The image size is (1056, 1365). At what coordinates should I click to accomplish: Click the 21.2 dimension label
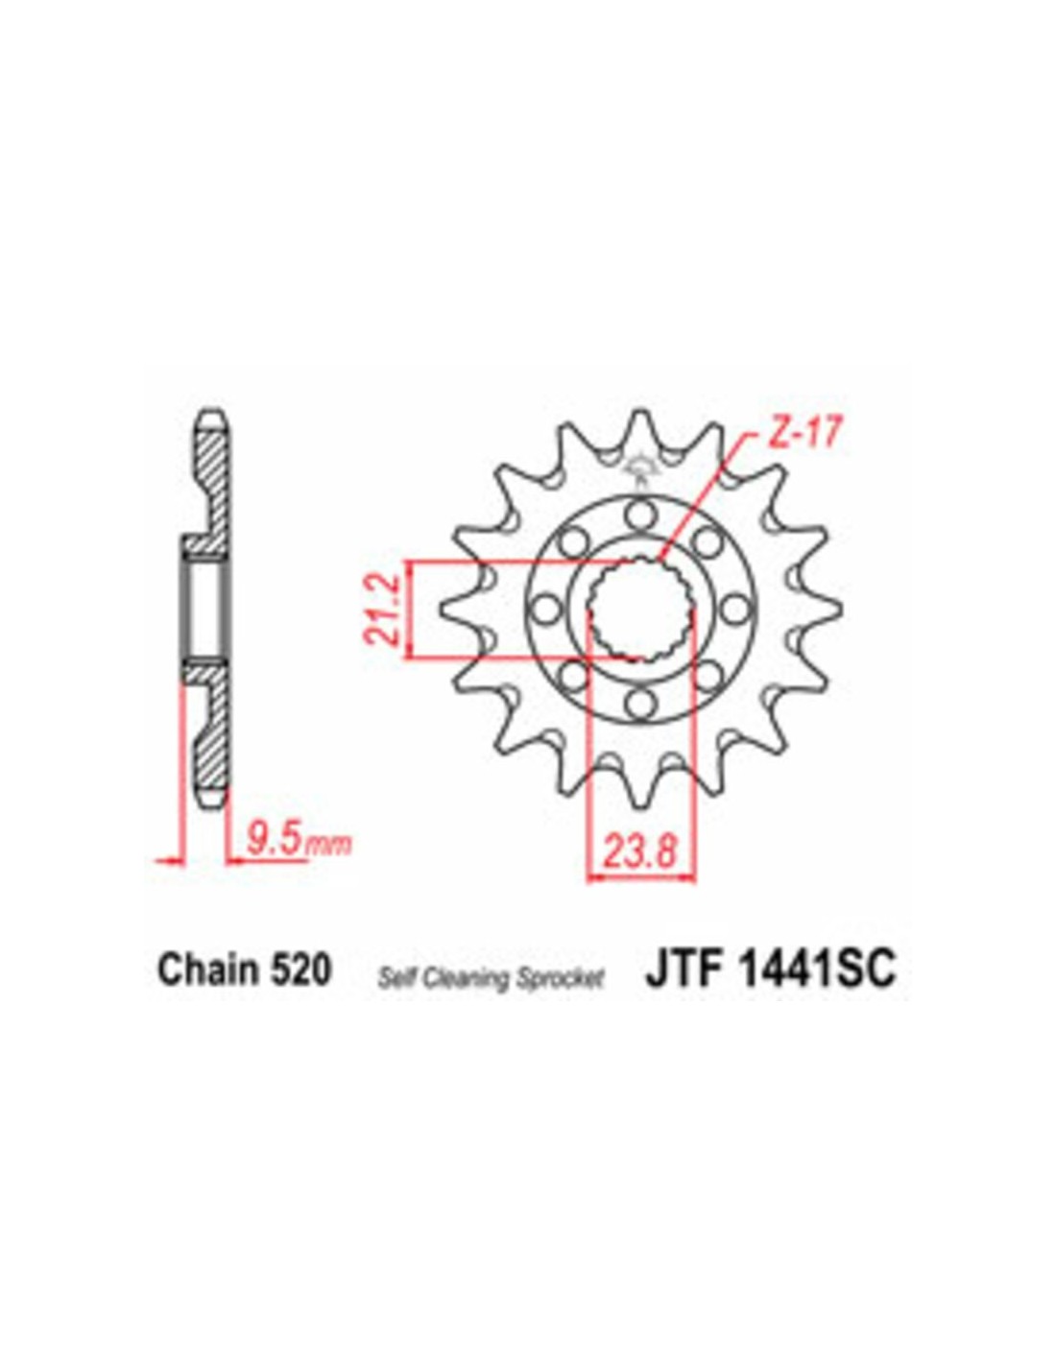(383, 609)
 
